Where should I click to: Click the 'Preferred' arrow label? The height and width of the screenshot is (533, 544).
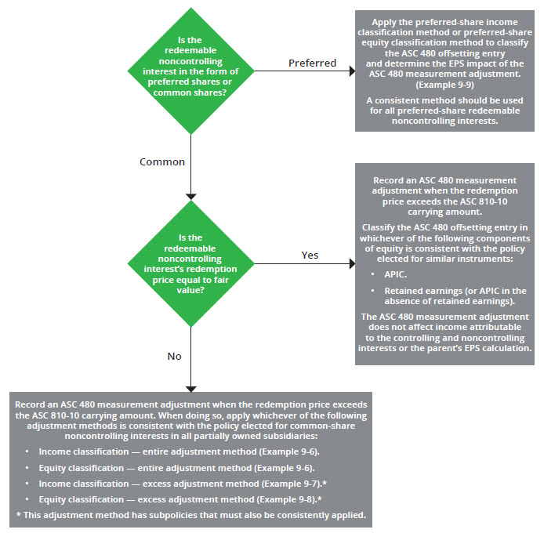[312, 62]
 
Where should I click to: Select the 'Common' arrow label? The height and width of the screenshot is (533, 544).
[162, 161]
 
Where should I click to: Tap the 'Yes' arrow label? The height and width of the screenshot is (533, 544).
[310, 255]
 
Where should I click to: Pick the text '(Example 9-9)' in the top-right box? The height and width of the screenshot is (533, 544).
[444, 83]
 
